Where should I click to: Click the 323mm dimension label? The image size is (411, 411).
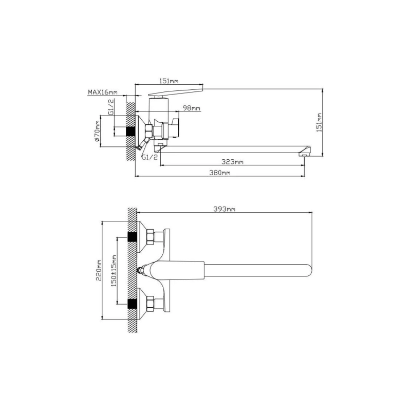(x=232, y=162)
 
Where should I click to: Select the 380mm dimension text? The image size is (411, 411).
(x=220, y=173)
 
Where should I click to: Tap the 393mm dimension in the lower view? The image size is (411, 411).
(x=225, y=209)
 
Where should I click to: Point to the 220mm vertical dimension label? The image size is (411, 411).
(x=99, y=270)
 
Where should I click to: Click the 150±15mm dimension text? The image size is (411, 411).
(x=114, y=271)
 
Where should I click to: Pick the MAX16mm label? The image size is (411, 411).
(x=102, y=92)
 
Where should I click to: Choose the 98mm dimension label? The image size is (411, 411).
(x=191, y=108)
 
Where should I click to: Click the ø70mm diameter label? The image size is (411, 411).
(x=97, y=131)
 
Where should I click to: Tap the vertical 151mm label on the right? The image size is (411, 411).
(x=319, y=122)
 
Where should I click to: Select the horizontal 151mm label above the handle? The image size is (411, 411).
(x=169, y=81)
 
